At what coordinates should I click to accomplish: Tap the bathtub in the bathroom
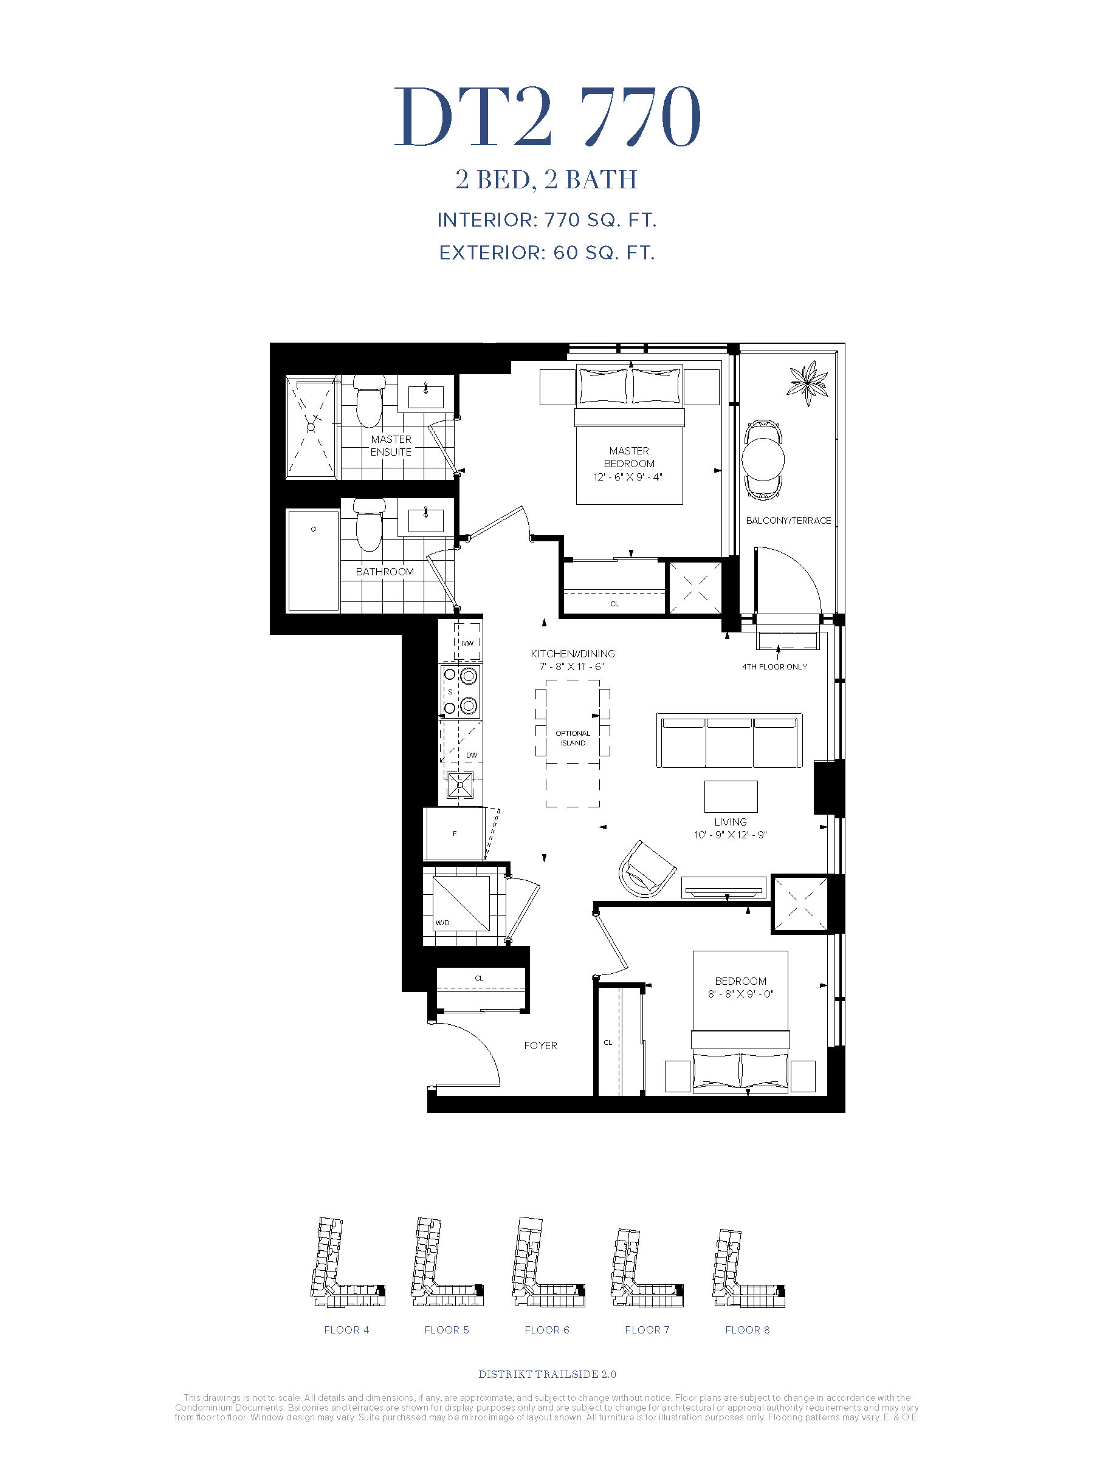(x=313, y=561)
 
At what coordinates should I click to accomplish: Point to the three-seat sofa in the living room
(x=729, y=740)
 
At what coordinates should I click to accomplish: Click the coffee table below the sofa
(x=731, y=796)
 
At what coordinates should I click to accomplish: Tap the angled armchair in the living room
(x=647, y=868)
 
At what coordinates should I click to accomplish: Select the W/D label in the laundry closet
(x=442, y=922)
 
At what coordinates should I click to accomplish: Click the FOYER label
(x=540, y=1046)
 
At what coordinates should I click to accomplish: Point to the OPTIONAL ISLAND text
(x=573, y=738)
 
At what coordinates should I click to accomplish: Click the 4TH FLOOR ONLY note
(x=774, y=666)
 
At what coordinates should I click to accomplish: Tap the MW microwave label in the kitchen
(x=467, y=643)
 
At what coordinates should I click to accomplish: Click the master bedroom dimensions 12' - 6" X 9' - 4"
(x=628, y=476)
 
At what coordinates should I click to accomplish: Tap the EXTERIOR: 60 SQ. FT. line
(x=546, y=253)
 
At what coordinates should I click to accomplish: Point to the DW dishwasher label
(x=472, y=755)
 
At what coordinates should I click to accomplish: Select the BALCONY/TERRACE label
(x=788, y=520)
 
